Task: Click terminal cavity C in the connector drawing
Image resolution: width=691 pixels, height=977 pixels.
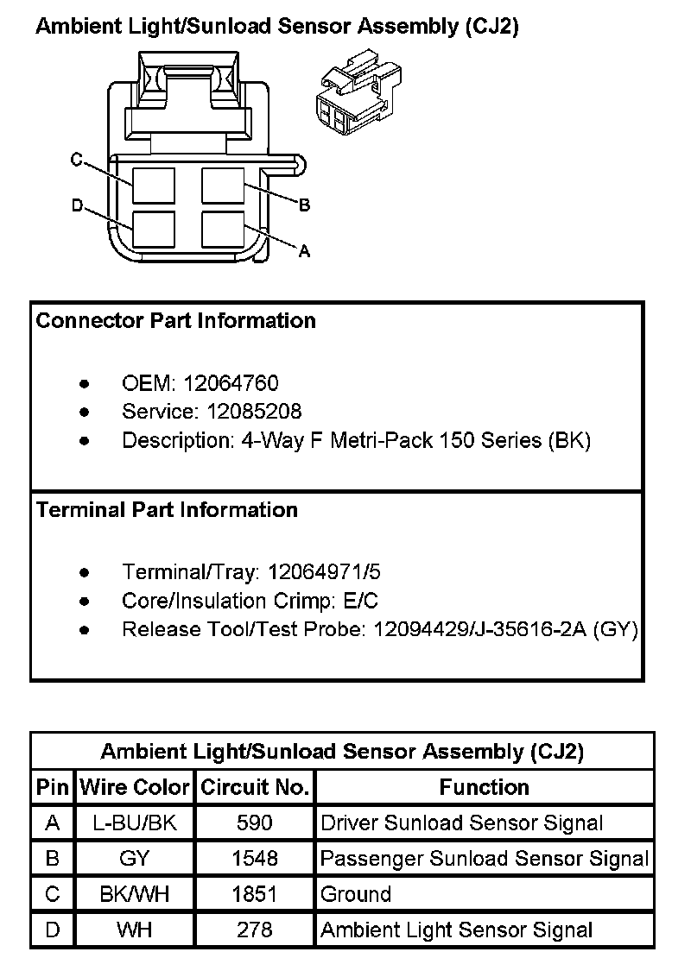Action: pos(154,186)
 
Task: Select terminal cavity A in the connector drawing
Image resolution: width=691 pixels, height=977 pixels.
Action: pos(223,231)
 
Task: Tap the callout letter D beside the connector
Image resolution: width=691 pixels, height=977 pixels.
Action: pos(77,205)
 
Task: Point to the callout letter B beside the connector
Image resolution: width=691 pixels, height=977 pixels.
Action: pos(304,205)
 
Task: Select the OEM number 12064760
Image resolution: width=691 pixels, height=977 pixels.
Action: pos(231,383)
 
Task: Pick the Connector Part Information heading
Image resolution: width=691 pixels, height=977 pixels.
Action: pos(175,321)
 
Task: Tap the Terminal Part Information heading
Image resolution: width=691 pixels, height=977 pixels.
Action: pos(167,510)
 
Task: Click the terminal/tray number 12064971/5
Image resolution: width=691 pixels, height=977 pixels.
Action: pos(324,572)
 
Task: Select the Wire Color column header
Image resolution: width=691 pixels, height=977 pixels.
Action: pos(134,787)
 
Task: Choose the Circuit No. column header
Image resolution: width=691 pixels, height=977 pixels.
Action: pos(255,787)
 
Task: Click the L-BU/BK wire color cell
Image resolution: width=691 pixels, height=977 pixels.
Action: pos(134,823)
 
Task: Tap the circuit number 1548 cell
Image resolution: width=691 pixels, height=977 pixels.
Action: pos(255,859)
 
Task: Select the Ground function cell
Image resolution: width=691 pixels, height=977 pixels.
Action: pos(356,894)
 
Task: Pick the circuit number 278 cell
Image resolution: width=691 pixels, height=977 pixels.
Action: pos(255,930)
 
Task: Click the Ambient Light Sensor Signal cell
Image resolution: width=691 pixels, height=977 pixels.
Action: pos(456,930)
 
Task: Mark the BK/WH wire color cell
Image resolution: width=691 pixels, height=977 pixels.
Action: pos(134,894)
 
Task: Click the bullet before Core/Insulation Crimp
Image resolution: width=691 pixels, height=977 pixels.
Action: pos(84,602)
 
